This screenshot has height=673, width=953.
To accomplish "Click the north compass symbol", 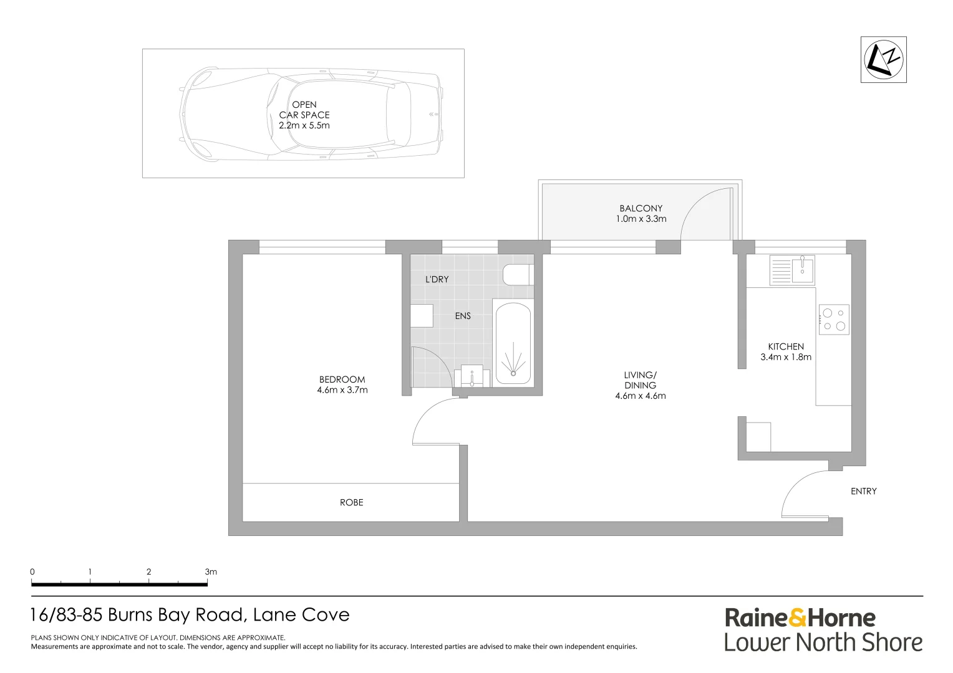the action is coord(884,59).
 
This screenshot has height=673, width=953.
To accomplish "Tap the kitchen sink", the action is coord(792,270).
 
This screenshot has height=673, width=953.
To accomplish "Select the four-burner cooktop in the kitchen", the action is coord(834,319).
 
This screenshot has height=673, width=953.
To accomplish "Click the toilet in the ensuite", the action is coord(518,275).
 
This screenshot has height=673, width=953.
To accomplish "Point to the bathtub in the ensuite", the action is coord(513,343).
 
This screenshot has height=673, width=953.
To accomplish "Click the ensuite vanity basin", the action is coord(472,376).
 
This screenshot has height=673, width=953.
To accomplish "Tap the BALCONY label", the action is coord(641,208).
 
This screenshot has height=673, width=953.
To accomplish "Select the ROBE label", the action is coord(351,502).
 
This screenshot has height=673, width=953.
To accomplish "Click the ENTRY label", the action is coord(864,491).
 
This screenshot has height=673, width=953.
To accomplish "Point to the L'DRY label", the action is coord(437,279).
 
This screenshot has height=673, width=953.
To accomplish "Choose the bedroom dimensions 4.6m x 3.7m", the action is coord(342,390).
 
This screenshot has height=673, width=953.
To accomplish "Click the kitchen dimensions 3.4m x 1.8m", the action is coord(786,357).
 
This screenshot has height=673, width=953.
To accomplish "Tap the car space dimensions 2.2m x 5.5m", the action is coord(304,125).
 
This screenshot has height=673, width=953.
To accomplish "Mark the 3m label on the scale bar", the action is coord(211,572).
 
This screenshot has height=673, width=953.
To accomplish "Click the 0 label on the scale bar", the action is coord(32,572).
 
